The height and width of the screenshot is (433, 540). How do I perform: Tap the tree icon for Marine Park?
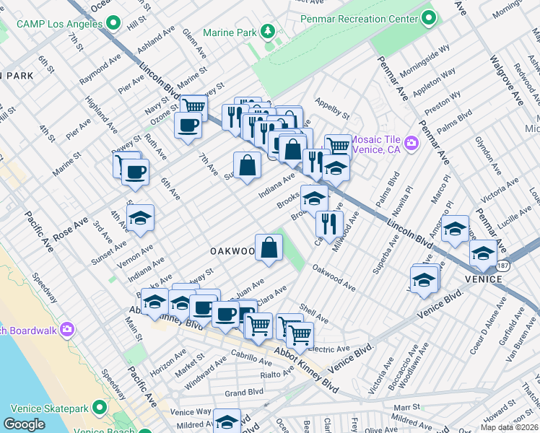tap(268, 32)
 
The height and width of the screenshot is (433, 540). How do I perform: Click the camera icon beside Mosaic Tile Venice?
tap(411, 143)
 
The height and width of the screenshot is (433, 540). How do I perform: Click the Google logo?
tap(24, 424)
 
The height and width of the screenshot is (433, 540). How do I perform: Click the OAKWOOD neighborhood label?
tap(232, 251)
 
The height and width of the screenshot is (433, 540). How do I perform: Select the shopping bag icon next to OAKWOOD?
tap(269, 247)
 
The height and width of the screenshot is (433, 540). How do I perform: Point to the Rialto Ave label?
tap(276, 373)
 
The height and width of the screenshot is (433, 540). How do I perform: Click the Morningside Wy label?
tap(424, 60)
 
